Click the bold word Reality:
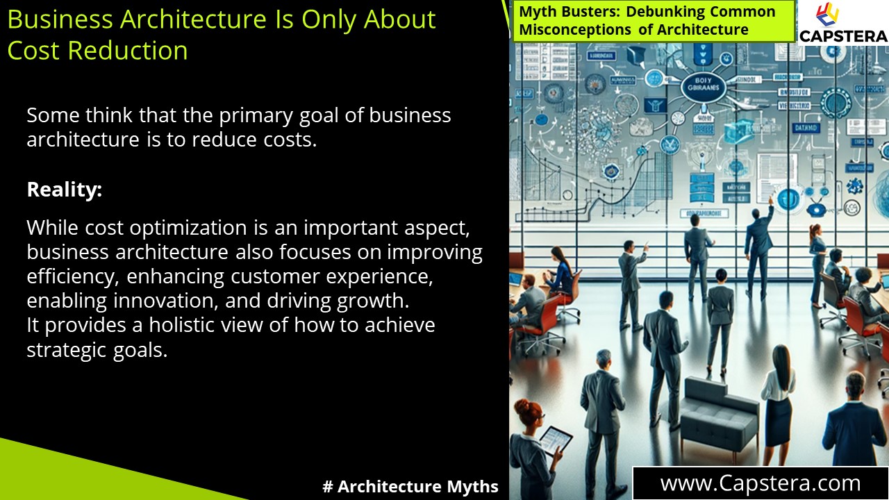(65, 190)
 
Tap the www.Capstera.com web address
(760, 483)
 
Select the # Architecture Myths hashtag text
(410, 487)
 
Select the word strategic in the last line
(66, 350)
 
